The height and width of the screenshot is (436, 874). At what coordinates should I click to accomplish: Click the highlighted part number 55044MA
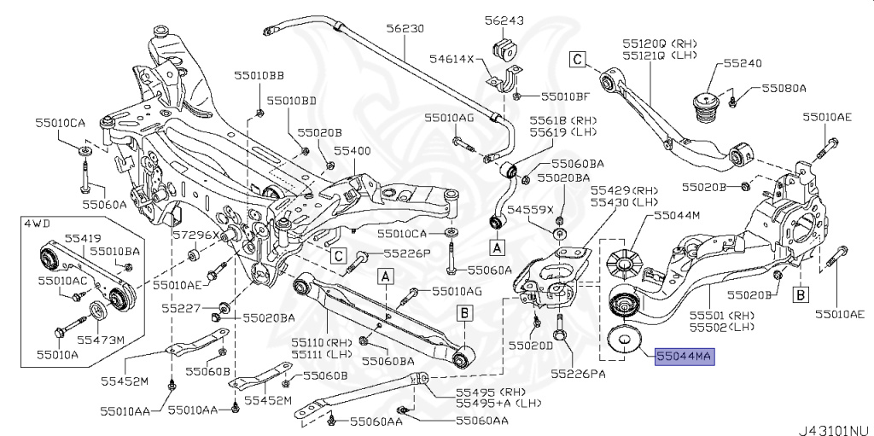click(684, 356)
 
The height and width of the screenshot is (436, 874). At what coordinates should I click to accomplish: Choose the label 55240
click(743, 63)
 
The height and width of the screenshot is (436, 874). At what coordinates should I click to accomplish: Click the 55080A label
click(784, 88)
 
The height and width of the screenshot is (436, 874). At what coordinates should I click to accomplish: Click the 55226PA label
click(580, 373)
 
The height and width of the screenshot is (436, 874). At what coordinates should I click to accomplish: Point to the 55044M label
click(677, 217)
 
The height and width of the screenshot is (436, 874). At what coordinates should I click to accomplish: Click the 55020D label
click(530, 346)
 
